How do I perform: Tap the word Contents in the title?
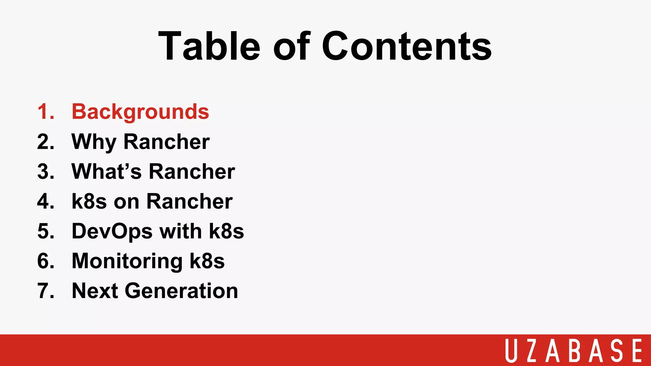pyautogui.click(x=407, y=46)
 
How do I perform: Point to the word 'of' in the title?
pyautogui.click(x=291, y=46)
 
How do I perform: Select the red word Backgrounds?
pyautogui.click(x=140, y=112)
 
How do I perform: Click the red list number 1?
pyautogui.click(x=45, y=112)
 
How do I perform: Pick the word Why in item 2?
pyautogui.click(x=94, y=142)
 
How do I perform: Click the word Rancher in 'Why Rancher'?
pyautogui.click(x=167, y=142)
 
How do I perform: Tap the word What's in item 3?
pyautogui.click(x=106, y=172)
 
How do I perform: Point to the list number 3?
pyautogui.click(x=45, y=172)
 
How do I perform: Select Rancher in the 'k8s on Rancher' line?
pyautogui.click(x=189, y=201)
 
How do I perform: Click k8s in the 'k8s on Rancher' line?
pyautogui.click(x=89, y=201)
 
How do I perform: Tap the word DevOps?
pyautogui.click(x=112, y=231)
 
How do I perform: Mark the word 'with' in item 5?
pyautogui.click(x=181, y=231)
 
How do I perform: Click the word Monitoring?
pyautogui.click(x=127, y=261)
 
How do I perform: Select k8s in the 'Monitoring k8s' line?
pyautogui.click(x=207, y=261)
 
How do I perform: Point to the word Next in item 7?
pyautogui.click(x=95, y=291)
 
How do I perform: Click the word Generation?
pyautogui.click(x=181, y=291)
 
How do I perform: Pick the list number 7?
pyautogui.click(x=45, y=291)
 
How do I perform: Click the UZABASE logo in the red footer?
pyautogui.click(x=574, y=350)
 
